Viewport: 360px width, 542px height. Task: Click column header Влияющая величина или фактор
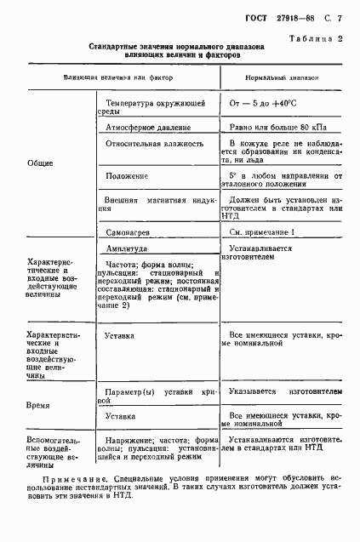pos(117,77)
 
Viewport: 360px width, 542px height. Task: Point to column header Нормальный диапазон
pos(283,77)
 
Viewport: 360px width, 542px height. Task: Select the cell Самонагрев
pos(129,231)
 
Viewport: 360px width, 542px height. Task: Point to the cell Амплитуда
pos(128,249)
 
